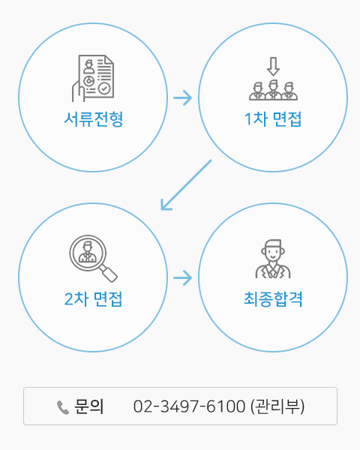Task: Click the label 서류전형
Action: [x=94, y=118]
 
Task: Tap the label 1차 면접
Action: [x=273, y=118]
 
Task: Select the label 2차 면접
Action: [x=93, y=298]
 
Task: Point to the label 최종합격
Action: [x=273, y=298]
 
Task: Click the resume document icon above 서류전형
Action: [x=93, y=78]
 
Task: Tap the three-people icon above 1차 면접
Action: [x=273, y=79]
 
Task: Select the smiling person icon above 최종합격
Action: [x=273, y=259]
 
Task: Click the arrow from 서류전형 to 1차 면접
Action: [x=182, y=97]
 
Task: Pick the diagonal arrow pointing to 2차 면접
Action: [x=186, y=185]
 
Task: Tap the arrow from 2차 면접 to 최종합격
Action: [x=182, y=277]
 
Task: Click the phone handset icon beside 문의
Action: [x=63, y=407]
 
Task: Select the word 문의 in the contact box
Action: [x=89, y=406]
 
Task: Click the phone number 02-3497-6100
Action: [x=190, y=406]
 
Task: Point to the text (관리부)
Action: [x=277, y=406]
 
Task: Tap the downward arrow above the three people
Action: [x=273, y=66]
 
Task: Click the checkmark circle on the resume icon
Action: [x=104, y=88]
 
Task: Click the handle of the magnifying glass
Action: [x=108, y=273]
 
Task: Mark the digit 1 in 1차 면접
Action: [x=247, y=119]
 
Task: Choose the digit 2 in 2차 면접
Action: [x=68, y=299]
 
